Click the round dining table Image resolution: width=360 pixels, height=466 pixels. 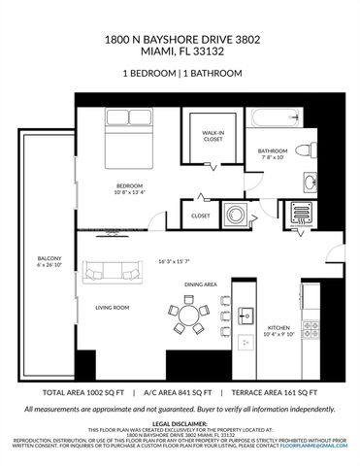coord(192,314)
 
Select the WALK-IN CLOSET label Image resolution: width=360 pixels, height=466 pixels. coord(213,137)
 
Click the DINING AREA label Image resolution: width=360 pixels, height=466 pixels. coord(200,283)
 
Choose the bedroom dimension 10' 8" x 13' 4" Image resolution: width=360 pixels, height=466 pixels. coord(130,191)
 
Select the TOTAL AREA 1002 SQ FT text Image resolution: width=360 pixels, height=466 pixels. coord(82,394)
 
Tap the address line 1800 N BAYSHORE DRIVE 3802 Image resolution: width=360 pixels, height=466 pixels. coord(180,41)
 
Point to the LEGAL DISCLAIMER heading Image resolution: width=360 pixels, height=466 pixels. coord(180,424)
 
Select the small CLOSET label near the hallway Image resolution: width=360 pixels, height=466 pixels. coord(201,216)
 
